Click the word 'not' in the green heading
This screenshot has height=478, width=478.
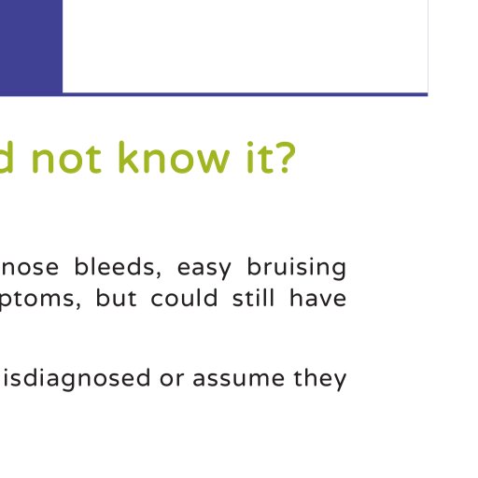tap(66, 158)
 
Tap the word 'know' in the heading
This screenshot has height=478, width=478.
tap(175, 157)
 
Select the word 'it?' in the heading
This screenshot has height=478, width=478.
tap(271, 157)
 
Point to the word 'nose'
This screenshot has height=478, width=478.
tap(30, 267)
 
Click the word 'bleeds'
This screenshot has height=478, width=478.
tap(118, 266)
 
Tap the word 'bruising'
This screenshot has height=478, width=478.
tap(296, 268)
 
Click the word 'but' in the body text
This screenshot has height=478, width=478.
tap(116, 298)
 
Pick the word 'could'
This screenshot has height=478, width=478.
tap(184, 298)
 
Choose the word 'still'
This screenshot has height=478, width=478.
tap(253, 298)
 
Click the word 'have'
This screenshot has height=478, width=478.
tap(317, 298)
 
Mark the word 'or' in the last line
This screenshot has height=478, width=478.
tap(172, 379)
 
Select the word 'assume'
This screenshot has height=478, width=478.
tap(238, 379)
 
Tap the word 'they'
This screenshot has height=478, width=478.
tap(320, 379)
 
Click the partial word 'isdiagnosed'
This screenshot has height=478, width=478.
tap(77, 379)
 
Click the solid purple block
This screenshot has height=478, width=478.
tap(31, 47)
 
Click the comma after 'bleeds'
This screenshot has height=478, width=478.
tap(158, 274)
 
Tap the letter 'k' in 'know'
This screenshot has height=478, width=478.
tap(129, 157)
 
